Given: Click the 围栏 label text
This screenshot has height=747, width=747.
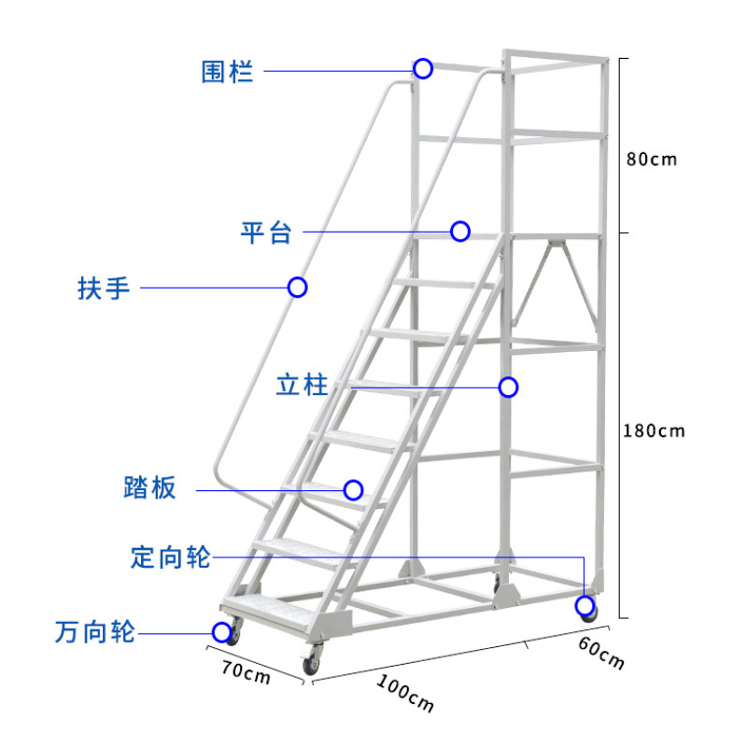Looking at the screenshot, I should coord(227,71).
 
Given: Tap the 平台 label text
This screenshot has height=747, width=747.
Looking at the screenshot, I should coord(266,232).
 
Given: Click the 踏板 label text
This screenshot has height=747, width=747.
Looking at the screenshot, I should coord(149,487).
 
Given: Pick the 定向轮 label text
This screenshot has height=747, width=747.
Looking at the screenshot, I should coord(172,558).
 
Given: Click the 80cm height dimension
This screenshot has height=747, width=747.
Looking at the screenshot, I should coord(651,159).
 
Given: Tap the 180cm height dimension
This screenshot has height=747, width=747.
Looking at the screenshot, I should coord(655,430).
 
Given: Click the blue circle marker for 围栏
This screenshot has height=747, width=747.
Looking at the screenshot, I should coord(423,68).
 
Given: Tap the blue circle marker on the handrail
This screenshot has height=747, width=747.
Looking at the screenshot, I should coord(298,287).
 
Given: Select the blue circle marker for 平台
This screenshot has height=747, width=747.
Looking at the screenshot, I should coord(459,231).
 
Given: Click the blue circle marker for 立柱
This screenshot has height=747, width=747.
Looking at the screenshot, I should coord(508,387).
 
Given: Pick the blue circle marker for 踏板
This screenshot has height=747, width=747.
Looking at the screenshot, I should coord(353,489).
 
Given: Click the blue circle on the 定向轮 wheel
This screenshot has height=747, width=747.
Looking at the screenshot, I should coord(585,607).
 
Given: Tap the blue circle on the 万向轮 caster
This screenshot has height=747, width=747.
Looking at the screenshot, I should coord(221,632).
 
